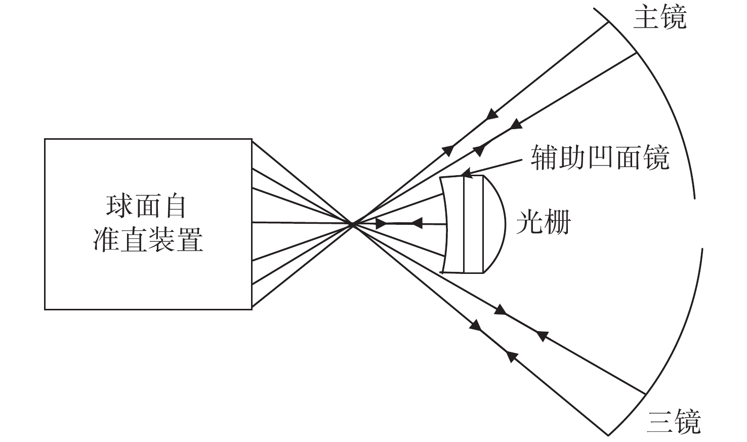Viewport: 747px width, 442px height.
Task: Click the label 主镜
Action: coord(659,18)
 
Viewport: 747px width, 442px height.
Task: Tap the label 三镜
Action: coord(674,421)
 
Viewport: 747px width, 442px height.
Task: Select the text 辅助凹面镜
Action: coord(600,157)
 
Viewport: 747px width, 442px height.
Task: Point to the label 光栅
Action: coord(543,222)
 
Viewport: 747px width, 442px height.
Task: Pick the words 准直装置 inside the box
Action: coord(148,239)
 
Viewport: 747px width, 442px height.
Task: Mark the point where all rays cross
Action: coord(352,223)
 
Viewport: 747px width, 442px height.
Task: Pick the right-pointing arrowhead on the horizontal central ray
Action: coord(381,223)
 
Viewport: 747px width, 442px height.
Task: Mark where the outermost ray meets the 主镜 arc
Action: coord(608,23)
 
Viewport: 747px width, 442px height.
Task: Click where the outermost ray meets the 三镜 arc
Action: coord(609,434)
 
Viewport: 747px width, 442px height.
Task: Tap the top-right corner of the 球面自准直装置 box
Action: coord(252,140)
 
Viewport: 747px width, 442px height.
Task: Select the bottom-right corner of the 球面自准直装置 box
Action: coord(252,308)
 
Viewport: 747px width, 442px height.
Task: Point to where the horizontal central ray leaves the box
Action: coord(252,222)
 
